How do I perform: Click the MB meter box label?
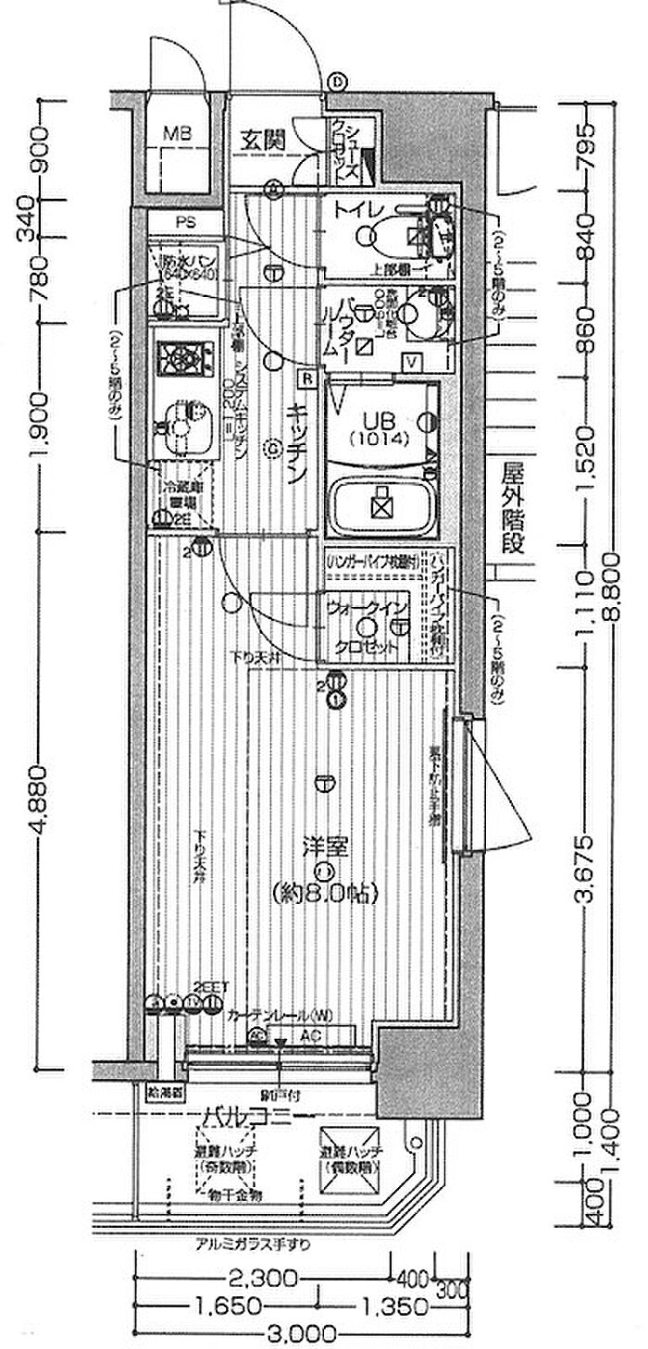pos(178,134)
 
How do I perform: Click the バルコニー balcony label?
pos(247,1115)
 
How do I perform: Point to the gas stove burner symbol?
pos(181,356)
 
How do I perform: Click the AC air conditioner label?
pos(310,1035)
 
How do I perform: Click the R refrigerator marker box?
pos(305,378)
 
